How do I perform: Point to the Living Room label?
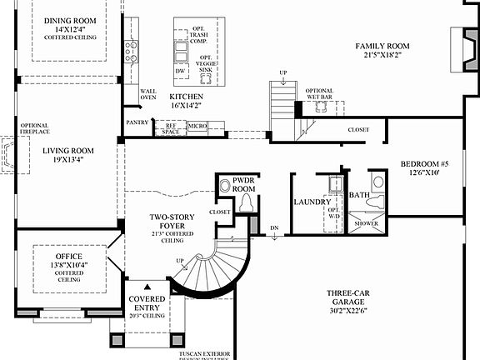click(x=68, y=156)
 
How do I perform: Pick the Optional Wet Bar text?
click(x=319, y=94)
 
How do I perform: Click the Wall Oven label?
click(x=147, y=94)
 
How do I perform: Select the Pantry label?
click(x=137, y=122)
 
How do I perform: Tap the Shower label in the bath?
click(x=366, y=223)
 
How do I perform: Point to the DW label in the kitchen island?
click(x=180, y=72)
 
